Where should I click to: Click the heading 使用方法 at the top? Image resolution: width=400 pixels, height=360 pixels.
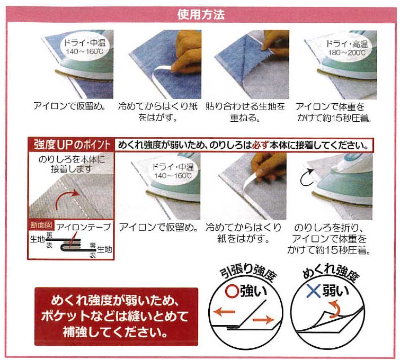(x=201, y=14)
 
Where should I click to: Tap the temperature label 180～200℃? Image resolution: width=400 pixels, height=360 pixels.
(x=346, y=53)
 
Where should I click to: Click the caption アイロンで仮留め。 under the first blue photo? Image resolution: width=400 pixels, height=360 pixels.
(x=69, y=106)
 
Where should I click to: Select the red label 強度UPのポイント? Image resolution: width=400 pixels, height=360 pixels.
(x=72, y=145)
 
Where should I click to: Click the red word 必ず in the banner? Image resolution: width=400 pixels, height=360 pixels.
(x=261, y=145)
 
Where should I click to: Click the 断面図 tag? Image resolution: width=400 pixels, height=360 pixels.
(x=41, y=225)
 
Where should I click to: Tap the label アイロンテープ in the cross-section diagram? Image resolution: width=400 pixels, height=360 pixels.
(x=83, y=227)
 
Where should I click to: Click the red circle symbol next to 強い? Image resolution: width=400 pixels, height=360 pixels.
(x=232, y=291)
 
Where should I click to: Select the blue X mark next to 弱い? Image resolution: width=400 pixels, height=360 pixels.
(x=313, y=291)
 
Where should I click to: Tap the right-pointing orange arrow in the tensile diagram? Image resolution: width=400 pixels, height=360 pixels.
(x=263, y=320)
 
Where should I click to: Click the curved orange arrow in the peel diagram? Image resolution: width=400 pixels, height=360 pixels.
(x=335, y=309)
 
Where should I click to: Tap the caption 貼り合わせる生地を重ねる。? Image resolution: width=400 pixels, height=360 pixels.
(x=245, y=112)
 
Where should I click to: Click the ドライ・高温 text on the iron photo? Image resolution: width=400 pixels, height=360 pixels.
(x=347, y=44)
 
